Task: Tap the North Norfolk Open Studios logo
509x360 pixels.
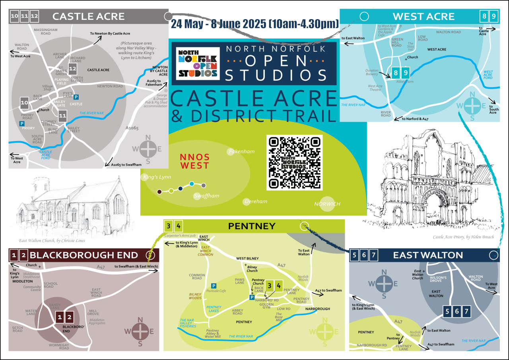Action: tap(198, 62)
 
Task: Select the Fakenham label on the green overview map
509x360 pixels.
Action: tap(241, 151)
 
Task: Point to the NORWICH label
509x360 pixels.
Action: tap(327, 204)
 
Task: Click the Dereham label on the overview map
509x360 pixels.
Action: tap(256, 201)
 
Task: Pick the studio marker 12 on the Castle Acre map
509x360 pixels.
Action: tap(72, 68)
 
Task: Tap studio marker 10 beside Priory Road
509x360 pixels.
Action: tap(24, 103)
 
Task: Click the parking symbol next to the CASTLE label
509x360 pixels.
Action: tap(77, 97)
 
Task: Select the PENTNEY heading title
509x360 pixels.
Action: tap(252, 226)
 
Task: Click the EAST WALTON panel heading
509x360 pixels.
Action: tap(422, 255)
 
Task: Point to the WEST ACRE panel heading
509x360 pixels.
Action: tap(424, 16)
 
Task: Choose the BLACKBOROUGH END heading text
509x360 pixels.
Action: tap(84, 255)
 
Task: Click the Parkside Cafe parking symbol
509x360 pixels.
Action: tap(214, 286)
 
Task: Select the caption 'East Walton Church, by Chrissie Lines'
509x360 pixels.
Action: tap(52, 240)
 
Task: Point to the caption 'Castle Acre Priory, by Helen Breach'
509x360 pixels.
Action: tap(463, 237)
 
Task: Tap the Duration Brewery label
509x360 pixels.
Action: tap(372, 72)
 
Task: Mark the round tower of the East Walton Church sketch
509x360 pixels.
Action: tap(39, 190)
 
